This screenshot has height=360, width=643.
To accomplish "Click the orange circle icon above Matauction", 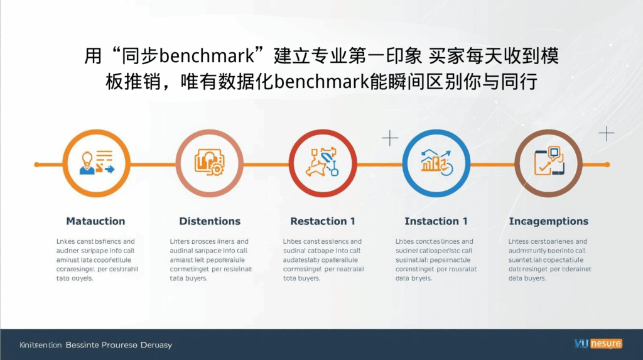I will coord(96,163).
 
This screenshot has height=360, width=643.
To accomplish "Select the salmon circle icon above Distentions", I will coord(209,163).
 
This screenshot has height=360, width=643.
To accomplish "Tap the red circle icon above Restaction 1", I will coord(322,163).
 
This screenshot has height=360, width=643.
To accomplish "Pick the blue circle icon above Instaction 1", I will coord(435,163).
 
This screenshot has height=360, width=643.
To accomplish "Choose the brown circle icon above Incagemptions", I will coord(548,163).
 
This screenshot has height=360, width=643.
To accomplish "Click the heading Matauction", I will coord(95,221).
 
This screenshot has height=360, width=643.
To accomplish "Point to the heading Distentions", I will coord(210,221).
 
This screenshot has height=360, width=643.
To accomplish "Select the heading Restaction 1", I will coord(323,221).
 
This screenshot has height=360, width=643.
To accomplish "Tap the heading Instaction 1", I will coord(436,221).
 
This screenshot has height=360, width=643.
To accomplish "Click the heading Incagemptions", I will coord(548,221).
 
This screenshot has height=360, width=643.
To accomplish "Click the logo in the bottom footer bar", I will coord(598,343).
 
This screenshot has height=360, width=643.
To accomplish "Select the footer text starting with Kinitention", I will coord(95,345).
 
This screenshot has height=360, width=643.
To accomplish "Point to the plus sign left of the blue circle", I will coord(390,138).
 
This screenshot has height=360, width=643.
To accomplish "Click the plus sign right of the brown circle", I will coord(606,133).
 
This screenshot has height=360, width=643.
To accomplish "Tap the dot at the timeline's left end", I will coord(36,165).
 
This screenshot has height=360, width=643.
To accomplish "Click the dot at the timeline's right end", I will coord(607,165).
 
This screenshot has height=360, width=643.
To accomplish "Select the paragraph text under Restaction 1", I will coord(322,259).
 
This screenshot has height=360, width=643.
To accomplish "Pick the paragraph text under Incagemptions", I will coord(548,259).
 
